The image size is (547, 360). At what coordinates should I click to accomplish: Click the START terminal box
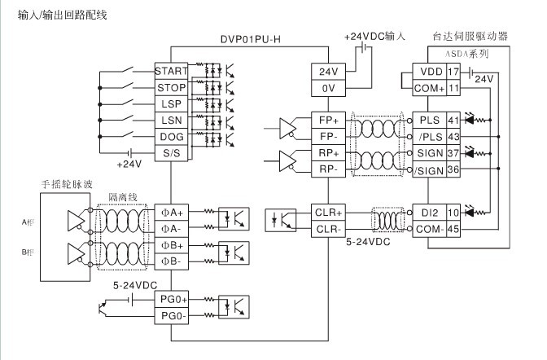click(171, 71)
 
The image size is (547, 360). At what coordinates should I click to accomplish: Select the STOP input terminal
click(171, 87)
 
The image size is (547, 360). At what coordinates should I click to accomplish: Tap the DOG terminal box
click(171, 137)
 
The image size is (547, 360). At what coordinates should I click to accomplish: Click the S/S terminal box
click(171, 154)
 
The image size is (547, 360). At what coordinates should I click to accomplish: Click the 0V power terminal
click(327, 87)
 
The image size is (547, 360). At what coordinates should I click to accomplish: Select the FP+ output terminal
click(327, 120)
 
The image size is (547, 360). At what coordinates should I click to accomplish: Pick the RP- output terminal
click(327, 169)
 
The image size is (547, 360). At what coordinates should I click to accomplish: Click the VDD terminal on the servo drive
click(429, 71)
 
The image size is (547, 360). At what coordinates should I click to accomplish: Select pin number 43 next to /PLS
click(453, 137)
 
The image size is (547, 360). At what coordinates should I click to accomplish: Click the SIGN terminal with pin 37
click(428, 153)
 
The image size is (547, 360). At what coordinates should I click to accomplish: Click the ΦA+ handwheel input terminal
click(171, 212)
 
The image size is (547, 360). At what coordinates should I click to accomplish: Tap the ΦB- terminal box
click(171, 261)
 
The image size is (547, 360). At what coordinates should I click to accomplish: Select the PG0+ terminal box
click(171, 300)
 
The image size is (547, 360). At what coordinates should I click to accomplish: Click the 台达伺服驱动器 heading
click(470, 37)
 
